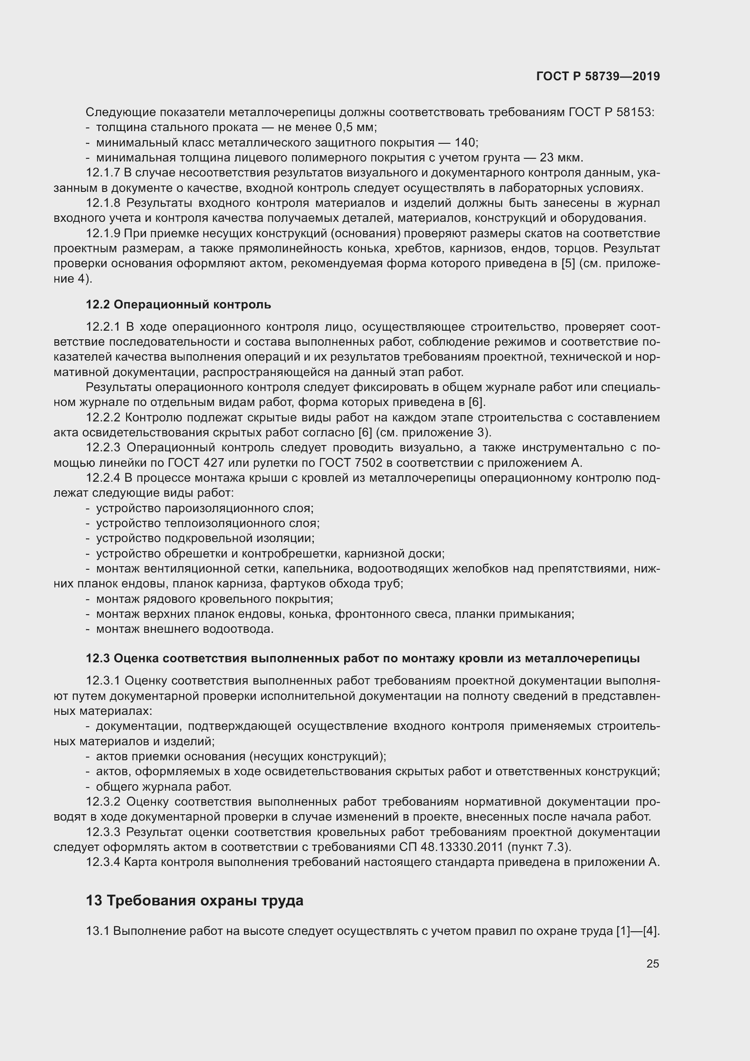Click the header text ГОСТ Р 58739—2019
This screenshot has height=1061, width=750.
(598, 76)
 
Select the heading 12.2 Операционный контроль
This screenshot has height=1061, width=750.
(178, 304)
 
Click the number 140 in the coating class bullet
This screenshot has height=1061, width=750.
(466, 142)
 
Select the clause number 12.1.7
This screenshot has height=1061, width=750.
(103, 173)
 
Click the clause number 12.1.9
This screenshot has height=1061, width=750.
(103, 233)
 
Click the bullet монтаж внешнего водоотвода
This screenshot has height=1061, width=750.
(185, 629)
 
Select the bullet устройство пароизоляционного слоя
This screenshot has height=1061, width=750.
(205, 508)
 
